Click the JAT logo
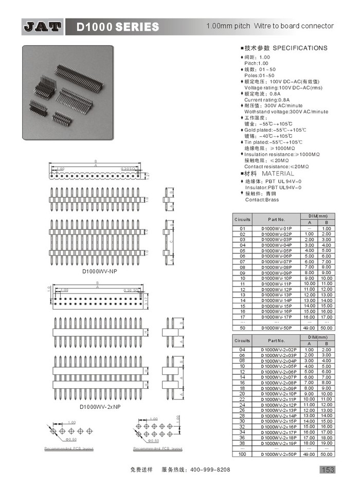[x=43, y=27]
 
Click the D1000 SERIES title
[x=118, y=27]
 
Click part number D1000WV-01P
[x=276, y=228]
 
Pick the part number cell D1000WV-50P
[x=276, y=328]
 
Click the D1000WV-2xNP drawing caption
[x=100, y=407]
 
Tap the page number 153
[x=328, y=469]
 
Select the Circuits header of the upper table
[x=242, y=220]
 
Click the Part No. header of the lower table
[x=276, y=340]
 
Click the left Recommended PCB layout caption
[x=69, y=449]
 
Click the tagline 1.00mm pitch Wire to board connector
[x=269, y=26]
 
